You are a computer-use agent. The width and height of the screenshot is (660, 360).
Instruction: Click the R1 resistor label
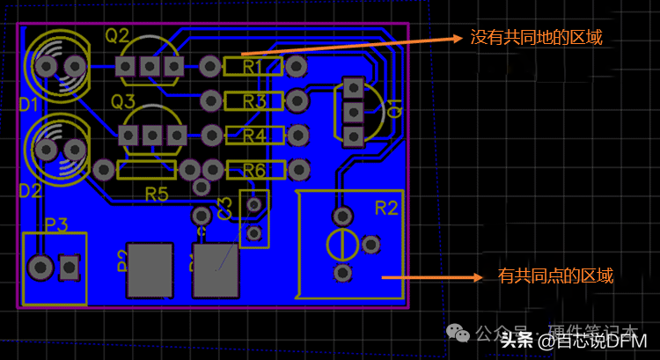[x=253, y=66]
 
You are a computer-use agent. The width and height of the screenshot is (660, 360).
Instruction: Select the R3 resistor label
[x=254, y=101]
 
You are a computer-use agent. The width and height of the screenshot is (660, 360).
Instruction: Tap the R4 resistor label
[x=254, y=136]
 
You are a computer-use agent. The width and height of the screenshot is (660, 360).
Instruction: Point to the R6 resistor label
[x=254, y=169]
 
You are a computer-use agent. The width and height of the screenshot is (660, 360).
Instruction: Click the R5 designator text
[x=157, y=192]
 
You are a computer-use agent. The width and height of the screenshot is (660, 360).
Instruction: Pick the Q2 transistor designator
[x=117, y=36]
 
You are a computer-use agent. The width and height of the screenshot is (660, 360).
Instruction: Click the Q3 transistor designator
[x=123, y=101]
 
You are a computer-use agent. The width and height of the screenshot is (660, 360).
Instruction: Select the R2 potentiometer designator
[x=386, y=208]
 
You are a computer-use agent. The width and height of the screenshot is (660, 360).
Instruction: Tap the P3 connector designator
[x=56, y=224]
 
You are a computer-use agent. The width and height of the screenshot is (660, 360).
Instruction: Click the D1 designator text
[x=29, y=106]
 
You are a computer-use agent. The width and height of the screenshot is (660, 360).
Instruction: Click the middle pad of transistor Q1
[x=354, y=112]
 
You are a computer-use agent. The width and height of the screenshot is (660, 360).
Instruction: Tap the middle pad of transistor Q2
[x=150, y=66]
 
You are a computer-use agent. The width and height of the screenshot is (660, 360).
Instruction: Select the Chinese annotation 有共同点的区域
[x=555, y=276]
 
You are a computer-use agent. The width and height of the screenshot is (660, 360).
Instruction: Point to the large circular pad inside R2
[x=341, y=244]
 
